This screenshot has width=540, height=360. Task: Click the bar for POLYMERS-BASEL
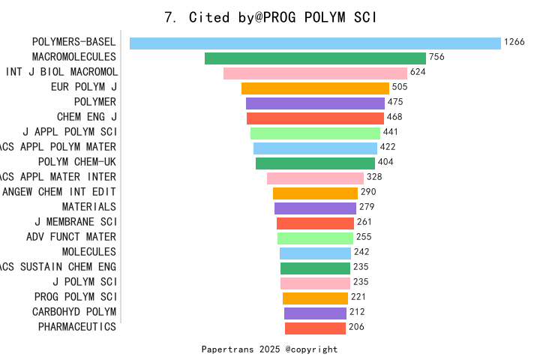[x=315, y=43]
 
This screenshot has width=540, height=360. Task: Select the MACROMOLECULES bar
[x=315, y=58]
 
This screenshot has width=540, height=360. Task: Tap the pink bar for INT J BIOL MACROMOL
[x=315, y=73]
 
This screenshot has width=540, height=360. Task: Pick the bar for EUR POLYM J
[x=315, y=88]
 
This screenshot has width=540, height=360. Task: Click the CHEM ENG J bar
[x=315, y=118]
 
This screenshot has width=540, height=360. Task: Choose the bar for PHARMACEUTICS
[x=315, y=328]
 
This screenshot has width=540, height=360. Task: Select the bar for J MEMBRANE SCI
[x=315, y=223]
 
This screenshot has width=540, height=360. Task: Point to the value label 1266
[x=514, y=42]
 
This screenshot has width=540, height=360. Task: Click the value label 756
[x=436, y=57]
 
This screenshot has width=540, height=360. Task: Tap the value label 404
[x=385, y=162]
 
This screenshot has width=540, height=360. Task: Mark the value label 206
[x=356, y=327]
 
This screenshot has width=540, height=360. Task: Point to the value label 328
[x=374, y=177]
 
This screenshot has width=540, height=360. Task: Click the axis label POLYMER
[x=95, y=102]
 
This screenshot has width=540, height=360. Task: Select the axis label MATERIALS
[x=89, y=207]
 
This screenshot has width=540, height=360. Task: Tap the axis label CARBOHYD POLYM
[x=74, y=312]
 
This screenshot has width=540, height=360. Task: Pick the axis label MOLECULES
[x=89, y=252]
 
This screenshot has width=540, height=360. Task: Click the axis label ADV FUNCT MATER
[x=71, y=237]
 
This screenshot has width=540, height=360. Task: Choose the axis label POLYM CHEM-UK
[x=77, y=162]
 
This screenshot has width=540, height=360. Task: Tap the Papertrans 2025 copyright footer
[x=269, y=349]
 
